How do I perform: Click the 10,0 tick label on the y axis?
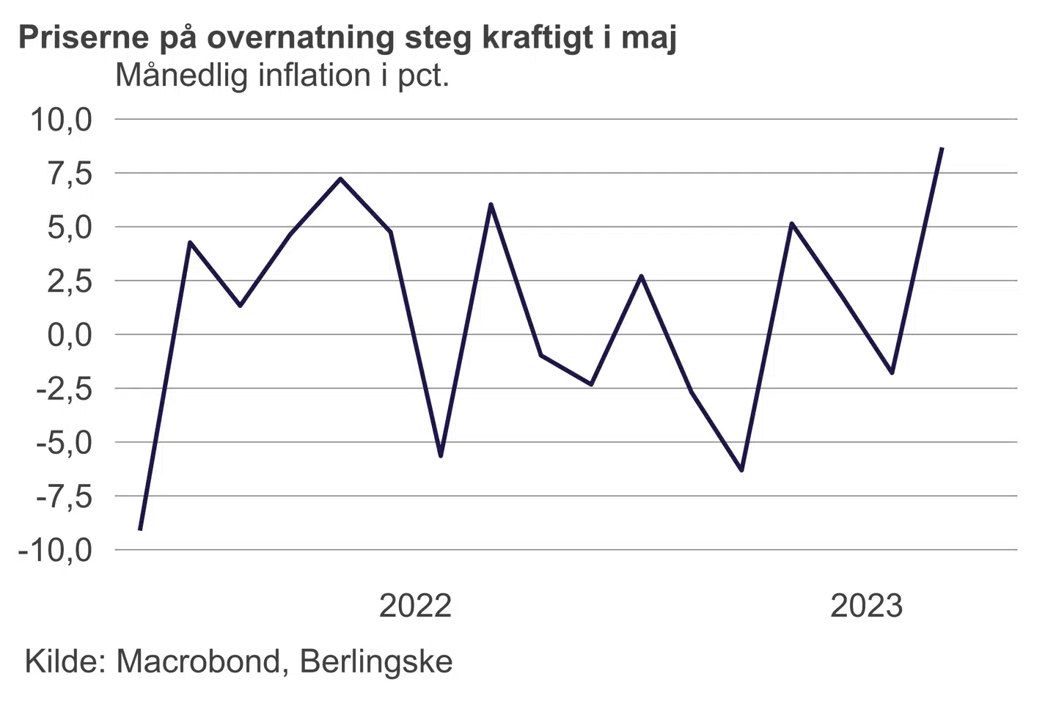61,120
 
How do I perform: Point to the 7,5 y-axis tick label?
70,174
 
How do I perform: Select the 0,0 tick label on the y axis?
70,335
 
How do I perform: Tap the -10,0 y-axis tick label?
56,550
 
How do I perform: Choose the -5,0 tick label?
65,443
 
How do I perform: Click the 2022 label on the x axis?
415,606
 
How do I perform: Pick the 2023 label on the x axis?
866,606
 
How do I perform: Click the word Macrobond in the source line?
199,661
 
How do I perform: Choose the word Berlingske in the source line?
376,661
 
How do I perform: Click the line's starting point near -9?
140,529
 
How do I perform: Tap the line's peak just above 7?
340,178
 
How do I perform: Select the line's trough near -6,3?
741,470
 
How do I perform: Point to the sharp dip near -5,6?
441,456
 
